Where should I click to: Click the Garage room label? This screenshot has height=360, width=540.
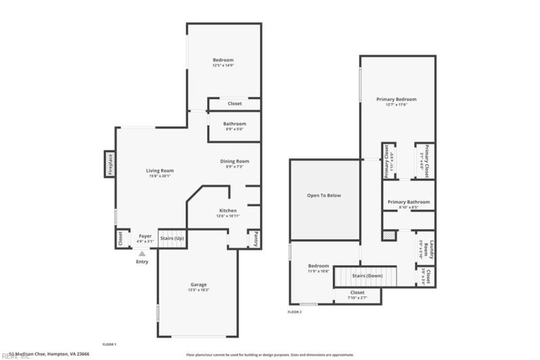tap(198, 284)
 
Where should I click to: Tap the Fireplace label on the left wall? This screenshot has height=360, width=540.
tap(109, 164)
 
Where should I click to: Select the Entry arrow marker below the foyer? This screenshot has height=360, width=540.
tap(142, 253)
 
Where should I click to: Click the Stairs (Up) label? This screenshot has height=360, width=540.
tap(172, 238)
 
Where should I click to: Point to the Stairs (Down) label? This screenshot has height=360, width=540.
tap(368, 276)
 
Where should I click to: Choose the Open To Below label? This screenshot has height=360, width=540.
tap(324, 195)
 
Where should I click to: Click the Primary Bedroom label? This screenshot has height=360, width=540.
tap(396, 99)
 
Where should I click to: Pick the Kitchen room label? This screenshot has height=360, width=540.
tap(227, 211)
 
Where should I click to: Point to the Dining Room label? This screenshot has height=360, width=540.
tap(235, 161)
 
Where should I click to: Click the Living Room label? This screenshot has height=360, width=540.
tap(161, 171)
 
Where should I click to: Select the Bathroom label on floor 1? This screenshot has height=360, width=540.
tap(234, 124)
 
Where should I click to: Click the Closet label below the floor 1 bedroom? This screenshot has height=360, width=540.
tap(234, 103)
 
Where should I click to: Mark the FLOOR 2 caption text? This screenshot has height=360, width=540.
tap(294, 312)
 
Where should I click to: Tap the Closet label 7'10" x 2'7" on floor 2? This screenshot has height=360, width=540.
tap(357, 292)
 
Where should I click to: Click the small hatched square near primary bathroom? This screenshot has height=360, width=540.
tap(389, 235)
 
